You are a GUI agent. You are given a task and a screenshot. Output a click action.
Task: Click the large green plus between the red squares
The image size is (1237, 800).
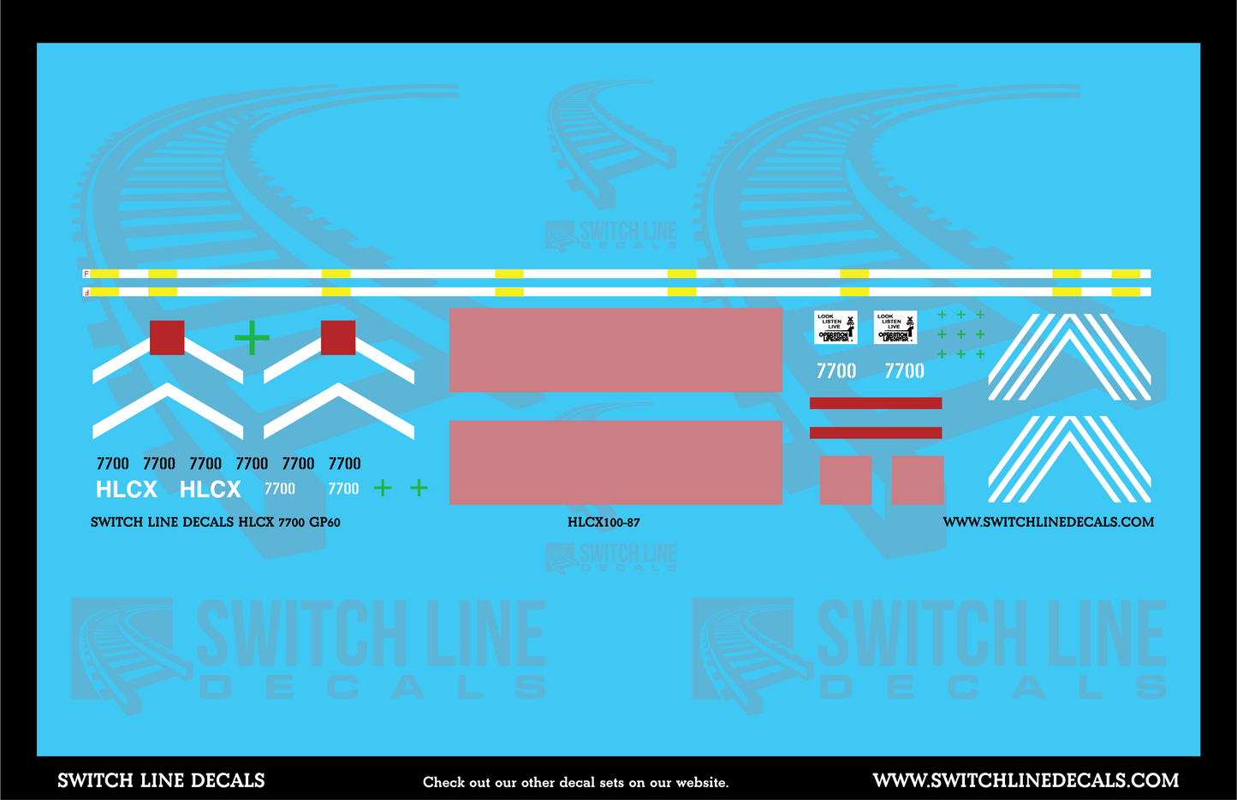click(x=252, y=338)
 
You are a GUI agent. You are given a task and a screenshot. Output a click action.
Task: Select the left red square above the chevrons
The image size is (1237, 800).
click(x=167, y=338)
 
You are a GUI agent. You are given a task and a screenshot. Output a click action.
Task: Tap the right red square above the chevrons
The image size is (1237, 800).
click(x=338, y=338)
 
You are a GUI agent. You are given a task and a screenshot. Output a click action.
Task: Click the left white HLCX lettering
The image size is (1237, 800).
click(x=127, y=489)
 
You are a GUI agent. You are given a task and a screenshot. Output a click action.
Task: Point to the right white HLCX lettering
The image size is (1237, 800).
click(x=211, y=489)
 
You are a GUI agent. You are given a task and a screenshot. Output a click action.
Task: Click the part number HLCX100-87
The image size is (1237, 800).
click(x=604, y=522)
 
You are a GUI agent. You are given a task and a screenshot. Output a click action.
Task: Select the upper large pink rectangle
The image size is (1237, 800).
click(x=616, y=350)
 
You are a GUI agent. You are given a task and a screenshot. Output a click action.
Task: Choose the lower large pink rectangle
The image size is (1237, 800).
click(x=616, y=462)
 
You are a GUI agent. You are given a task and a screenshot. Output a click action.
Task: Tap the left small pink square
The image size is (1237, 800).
click(x=846, y=480)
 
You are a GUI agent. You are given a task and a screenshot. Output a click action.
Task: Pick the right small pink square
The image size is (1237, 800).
click(x=918, y=480)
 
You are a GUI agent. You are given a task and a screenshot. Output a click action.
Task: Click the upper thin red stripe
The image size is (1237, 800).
click(x=876, y=403)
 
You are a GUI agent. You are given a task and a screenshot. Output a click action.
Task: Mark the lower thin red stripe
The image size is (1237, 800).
click(x=876, y=433)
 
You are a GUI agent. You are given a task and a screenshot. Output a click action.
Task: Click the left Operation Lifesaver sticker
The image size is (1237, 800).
click(x=836, y=328)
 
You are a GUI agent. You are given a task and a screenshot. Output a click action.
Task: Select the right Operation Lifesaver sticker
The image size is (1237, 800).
click(x=895, y=328)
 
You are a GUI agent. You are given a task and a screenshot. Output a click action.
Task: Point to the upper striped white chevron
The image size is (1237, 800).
click(x=1069, y=359)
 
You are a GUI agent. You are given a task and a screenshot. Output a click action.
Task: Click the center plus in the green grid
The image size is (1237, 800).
click(x=960, y=335)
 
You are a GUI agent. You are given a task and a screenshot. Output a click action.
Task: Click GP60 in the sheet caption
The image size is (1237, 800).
click(x=324, y=522)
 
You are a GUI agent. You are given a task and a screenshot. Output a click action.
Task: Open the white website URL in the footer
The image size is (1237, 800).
click(x=1026, y=780)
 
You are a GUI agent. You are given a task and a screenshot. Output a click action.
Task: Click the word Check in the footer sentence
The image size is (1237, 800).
click(x=443, y=782)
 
